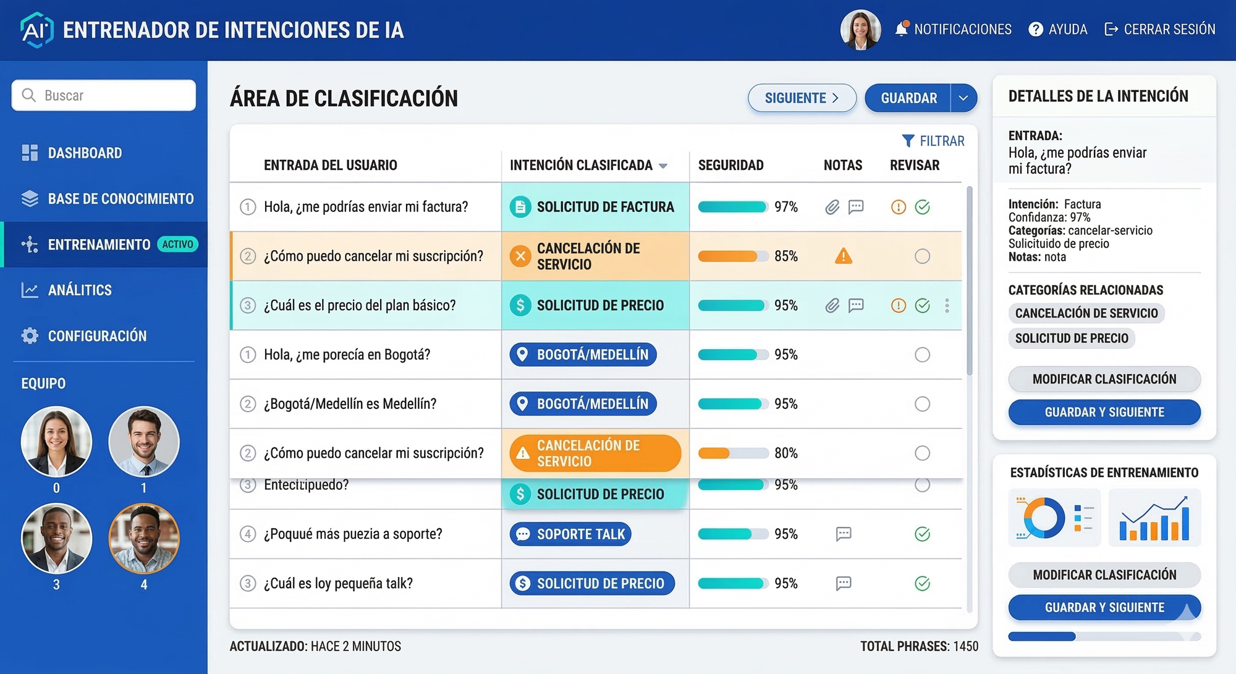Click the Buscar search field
tap(104, 95)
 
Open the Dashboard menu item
tap(85, 153)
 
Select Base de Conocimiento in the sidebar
tap(121, 198)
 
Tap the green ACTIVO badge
tap(177, 244)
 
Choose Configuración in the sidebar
tap(97, 335)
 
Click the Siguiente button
tap(802, 98)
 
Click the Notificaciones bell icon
tap(902, 29)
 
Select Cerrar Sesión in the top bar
tap(1160, 29)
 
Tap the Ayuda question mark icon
tap(1036, 29)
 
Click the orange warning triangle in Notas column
tap(843, 256)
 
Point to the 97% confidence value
tap(786, 206)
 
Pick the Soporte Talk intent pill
tap(570, 534)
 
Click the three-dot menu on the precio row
tap(947, 305)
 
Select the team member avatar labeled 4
tap(144, 539)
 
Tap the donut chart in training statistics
tap(1044, 518)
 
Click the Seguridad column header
tap(730, 165)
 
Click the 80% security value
tap(786, 453)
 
